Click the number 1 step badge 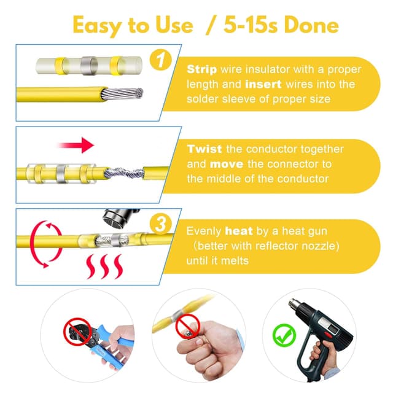(x=161, y=60)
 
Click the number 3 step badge (x=161, y=224)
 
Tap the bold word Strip (x=202, y=69)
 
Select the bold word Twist (x=204, y=149)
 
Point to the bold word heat (x=239, y=231)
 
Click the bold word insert (x=263, y=84)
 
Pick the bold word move (x=227, y=164)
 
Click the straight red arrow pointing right (x=76, y=145)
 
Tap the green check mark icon (x=284, y=335)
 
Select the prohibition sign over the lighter (x=187, y=327)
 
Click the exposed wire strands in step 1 (x=122, y=94)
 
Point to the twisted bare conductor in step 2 (x=124, y=173)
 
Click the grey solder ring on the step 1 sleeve (x=89, y=66)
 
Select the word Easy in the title (x=98, y=26)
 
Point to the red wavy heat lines (x=104, y=267)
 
